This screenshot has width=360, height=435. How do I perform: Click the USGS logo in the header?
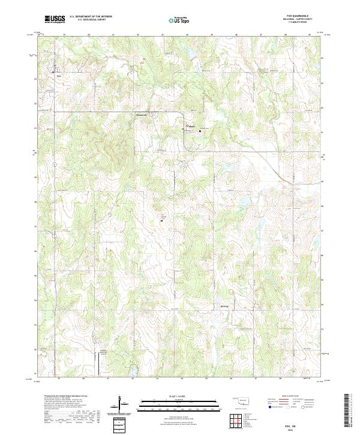(x=55, y=20)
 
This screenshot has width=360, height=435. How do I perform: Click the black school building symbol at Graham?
(x=200, y=130)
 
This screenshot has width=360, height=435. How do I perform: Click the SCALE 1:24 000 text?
(x=180, y=395)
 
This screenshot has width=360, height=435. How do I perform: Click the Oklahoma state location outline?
(x=242, y=401)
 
